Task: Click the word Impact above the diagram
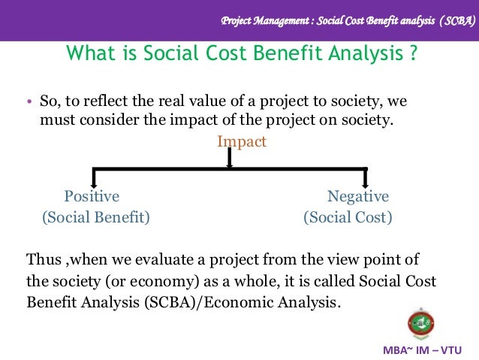(242, 141)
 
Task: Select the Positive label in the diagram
(92, 197)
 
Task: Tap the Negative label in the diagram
(358, 197)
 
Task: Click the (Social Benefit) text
(95, 218)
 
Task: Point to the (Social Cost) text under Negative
(348, 218)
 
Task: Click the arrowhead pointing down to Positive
(93, 183)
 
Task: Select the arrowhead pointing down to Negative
(366, 183)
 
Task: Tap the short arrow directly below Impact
(229, 160)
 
